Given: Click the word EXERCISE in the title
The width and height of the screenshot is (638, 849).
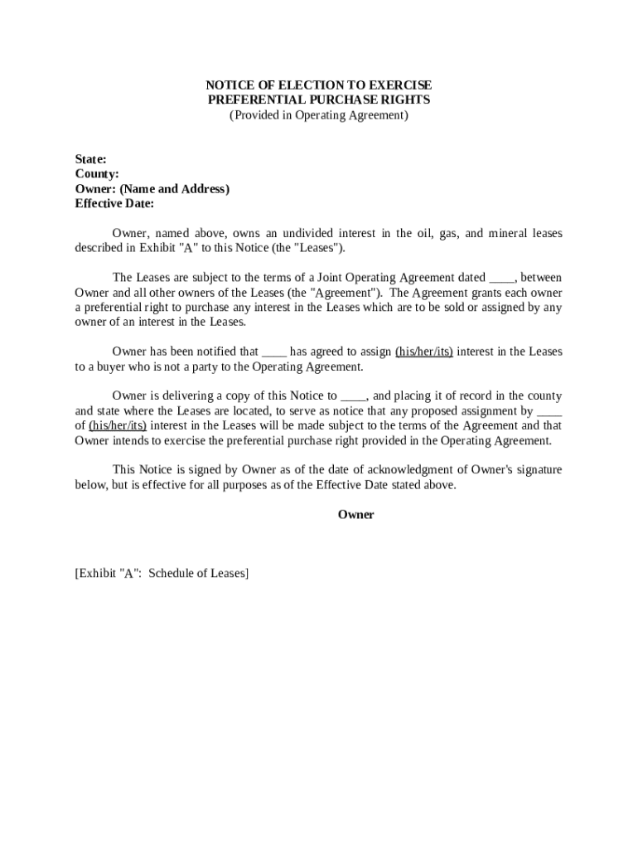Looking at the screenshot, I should pos(398,85).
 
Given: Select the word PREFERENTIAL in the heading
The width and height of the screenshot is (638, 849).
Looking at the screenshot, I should pos(251,100).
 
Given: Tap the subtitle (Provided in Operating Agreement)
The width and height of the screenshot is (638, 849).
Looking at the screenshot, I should pos(319,115).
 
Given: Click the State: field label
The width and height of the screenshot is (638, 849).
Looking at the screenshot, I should pos(90,159).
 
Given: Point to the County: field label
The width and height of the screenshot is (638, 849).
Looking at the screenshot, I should pos(97,174).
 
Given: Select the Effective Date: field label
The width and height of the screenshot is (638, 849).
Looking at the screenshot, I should pos(114,204).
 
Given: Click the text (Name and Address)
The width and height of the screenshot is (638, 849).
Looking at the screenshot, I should pos(175,189).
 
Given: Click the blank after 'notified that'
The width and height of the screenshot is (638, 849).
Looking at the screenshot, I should pos(274,352).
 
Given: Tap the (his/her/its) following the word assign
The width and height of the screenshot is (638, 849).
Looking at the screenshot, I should pos(424,352).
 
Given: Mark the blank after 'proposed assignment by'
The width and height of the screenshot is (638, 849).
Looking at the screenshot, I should pos(550,411).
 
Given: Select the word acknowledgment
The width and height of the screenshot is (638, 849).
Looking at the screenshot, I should pos(403,470).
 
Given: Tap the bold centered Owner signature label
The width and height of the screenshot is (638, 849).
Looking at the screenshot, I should pos(355,515).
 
